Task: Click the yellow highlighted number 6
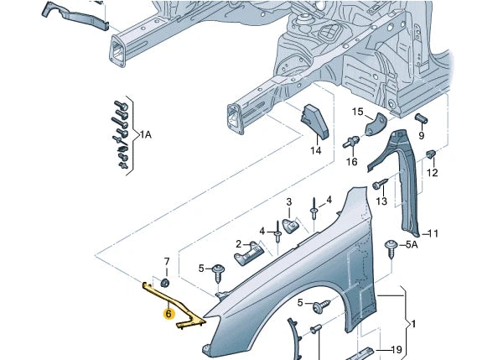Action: (169, 315)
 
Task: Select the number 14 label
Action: (316, 151)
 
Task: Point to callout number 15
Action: (357, 112)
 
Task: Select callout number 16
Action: (352, 161)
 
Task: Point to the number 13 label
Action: (381, 201)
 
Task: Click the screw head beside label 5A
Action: (391, 245)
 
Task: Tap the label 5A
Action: (412, 245)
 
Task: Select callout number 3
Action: (288, 202)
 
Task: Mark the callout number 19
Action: (397, 351)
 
